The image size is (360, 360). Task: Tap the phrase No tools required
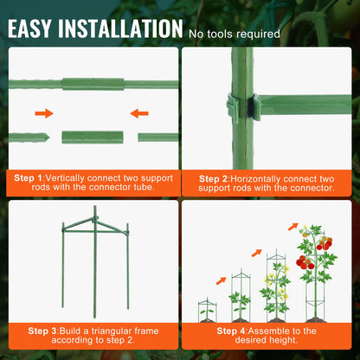(x=235, y=34)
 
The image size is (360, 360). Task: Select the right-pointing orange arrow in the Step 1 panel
(x=44, y=112)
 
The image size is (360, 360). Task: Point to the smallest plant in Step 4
(x=206, y=308)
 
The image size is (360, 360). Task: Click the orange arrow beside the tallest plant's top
(x=292, y=228)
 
